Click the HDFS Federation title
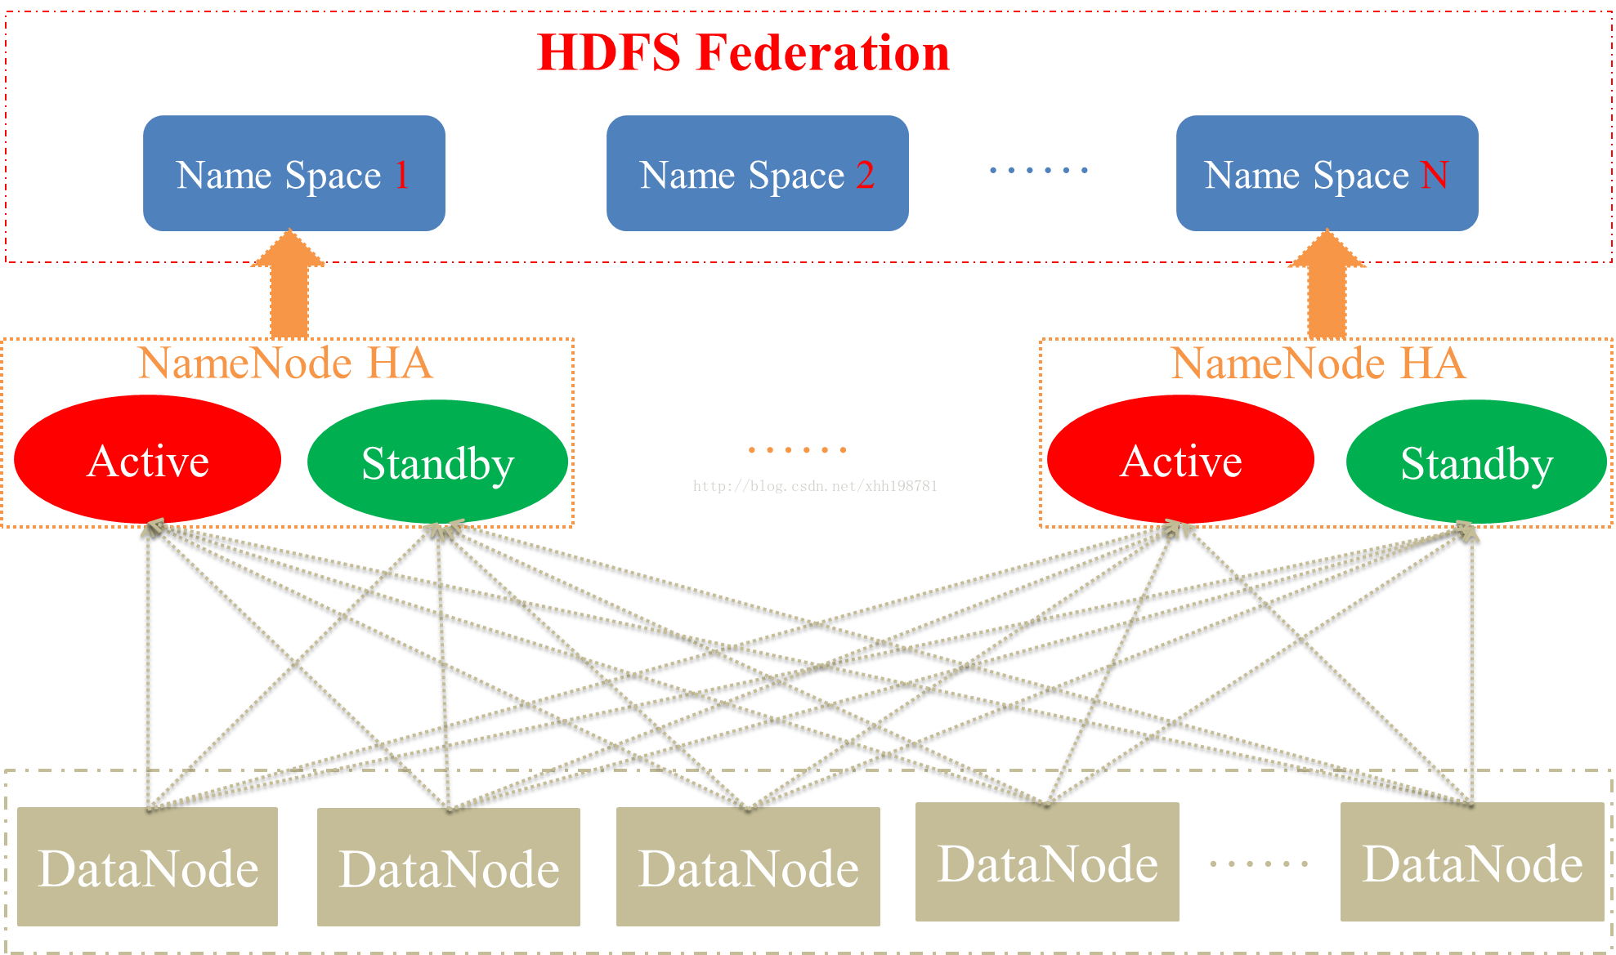tap(743, 53)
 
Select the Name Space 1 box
tap(293, 173)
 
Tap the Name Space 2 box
tap(757, 173)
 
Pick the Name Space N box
tap(1327, 173)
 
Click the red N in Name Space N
tap(1435, 175)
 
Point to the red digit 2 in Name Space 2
tap(865, 175)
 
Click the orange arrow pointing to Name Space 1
tap(289, 286)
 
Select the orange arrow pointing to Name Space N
tap(1327, 286)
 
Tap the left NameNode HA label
tap(285, 363)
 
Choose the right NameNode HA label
tap(1318, 363)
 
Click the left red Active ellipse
tap(148, 460)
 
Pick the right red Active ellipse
tap(1180, 460)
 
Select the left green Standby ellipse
tap(437, 462)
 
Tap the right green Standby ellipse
tap(1476, 462)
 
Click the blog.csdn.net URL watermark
tap(815, 486)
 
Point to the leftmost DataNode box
tap(148, 867)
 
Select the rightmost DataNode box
tap(1472, 862)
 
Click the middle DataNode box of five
tap(748, 867)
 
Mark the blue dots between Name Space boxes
tap(1039, 170)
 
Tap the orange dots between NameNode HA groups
tap(798, 449)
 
